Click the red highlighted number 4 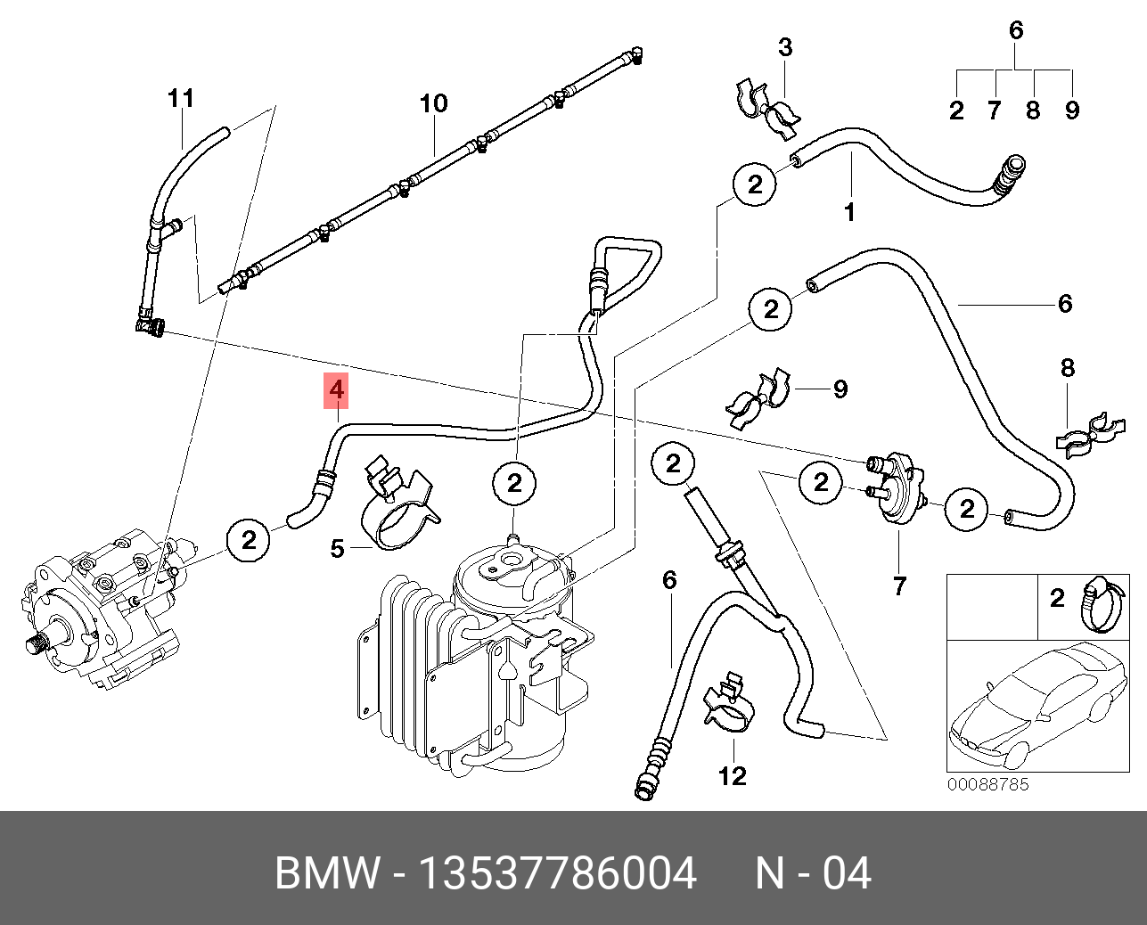[x=335, y=390]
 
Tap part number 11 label [x=181, y=98]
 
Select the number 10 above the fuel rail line [x=434, y=103]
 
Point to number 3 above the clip [x=785, y=47]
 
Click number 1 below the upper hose [x=849, y=212]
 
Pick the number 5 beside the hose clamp [x=337, y=548]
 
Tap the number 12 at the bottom [x=732, y=776]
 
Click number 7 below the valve [x=899, y=585]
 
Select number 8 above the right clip [x=1068, y=367]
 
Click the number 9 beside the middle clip [x=840, y=389]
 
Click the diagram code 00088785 [x=987, y=784]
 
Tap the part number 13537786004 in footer [x=557, y=873]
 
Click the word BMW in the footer [x=327, y=873]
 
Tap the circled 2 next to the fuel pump [x=250, y=539]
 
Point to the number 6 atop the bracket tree [x=1016, y=30]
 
